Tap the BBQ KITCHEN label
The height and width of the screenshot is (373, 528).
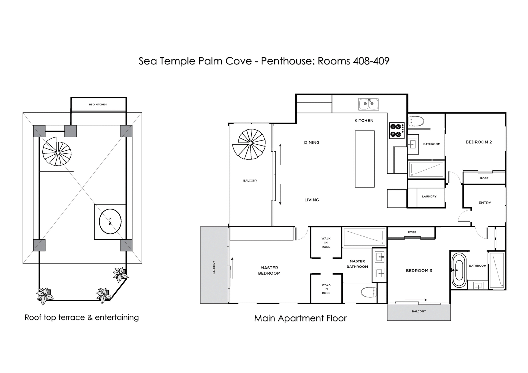[98, 104]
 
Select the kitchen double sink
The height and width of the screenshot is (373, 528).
[369, 104]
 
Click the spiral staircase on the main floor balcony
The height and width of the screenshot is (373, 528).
[249, 144]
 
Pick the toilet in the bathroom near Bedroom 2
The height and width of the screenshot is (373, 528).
[416, 121]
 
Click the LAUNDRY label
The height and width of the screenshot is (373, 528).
[429, 197]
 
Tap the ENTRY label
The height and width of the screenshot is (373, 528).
[485, 203]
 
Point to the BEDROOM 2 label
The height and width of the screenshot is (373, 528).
[479, 142]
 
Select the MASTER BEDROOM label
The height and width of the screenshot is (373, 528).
[269, 270]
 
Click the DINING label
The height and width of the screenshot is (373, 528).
[312, 142]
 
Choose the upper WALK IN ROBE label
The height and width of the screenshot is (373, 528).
[326, 243]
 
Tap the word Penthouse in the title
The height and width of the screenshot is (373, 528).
[286, 61]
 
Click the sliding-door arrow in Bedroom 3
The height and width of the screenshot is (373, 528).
[416, 300]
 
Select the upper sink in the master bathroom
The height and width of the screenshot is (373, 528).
[380, 258]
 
